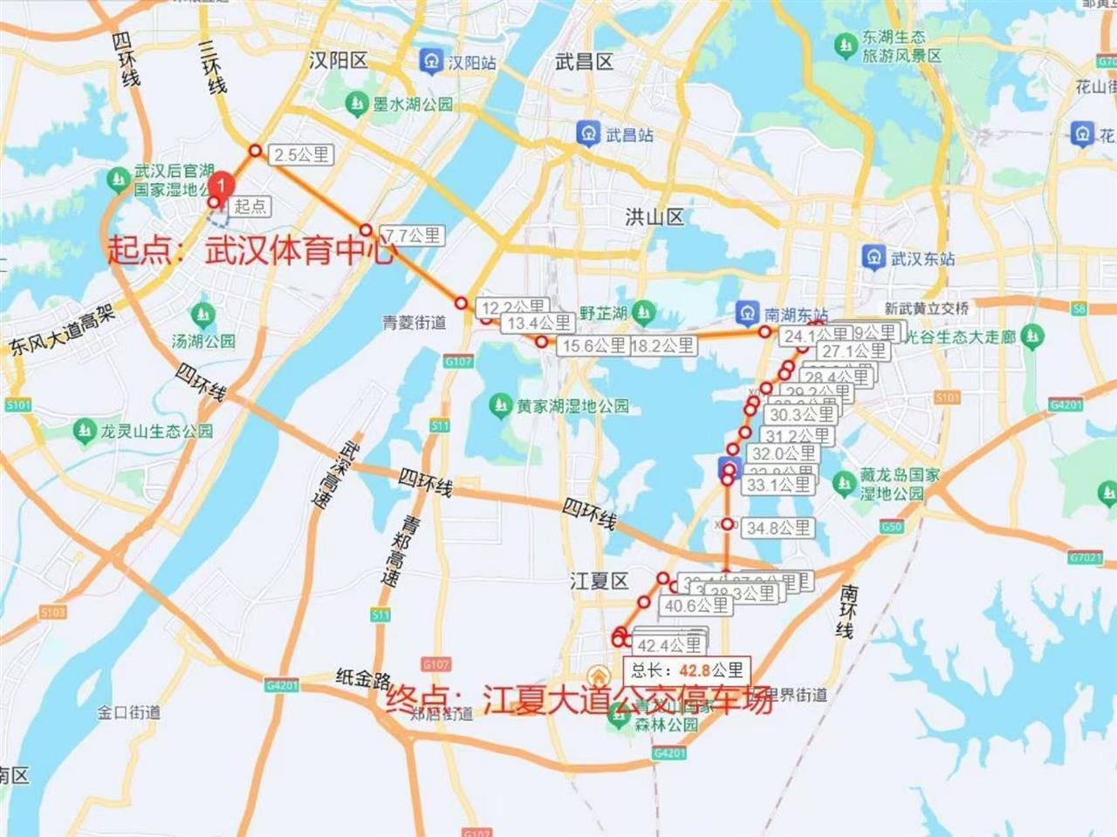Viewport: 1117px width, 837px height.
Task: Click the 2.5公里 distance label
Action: click(x=301, y=155)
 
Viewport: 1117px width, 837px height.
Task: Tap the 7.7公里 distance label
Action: click(x=413, y=235)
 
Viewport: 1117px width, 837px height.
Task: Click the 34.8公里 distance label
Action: click(x=779, y=527)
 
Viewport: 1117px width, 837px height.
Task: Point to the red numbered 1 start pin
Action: click(x=223, y=185)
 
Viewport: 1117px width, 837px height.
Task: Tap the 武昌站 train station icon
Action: click(x=588, y=133)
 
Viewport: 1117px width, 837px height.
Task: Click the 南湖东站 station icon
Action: click(x=747, y=312)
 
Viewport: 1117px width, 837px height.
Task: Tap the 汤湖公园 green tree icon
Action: click(x=203, y=314)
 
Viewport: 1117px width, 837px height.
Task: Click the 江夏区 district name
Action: click(x=600, y=582)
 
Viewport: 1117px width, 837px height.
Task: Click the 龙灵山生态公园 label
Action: click(x=156, y=431)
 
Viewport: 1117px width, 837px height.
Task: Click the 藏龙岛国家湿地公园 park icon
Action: click(x=844, y=481)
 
